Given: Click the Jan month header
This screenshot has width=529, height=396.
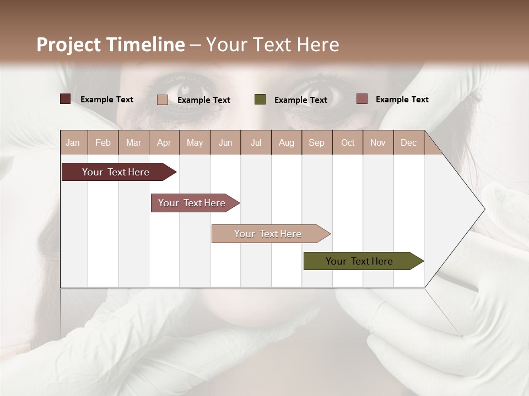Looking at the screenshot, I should coord(73,142).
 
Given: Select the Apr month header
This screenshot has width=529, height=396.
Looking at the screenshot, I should coord(164,142).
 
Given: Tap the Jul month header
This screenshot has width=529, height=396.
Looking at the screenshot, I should coord(256,142).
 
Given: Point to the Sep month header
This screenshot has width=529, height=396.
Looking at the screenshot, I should coord(316,142).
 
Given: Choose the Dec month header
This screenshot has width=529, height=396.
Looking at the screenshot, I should coord(408,142).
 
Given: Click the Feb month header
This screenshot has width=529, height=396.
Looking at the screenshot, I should coord(103,142).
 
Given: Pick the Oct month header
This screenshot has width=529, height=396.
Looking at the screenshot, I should coord(348,142).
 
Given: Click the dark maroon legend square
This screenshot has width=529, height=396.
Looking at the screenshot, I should coord(65,99).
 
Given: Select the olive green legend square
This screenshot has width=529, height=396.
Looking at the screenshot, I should coord(260,100).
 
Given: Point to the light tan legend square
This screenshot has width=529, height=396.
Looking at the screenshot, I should coord(163,100).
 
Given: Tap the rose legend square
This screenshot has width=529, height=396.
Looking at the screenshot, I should coord(361,99).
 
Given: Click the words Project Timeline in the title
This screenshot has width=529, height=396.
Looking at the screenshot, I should coord(110,45).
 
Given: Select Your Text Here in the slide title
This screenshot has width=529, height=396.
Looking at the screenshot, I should coord(273,45).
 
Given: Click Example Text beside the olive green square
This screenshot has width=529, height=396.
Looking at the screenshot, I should coord(300,100).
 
